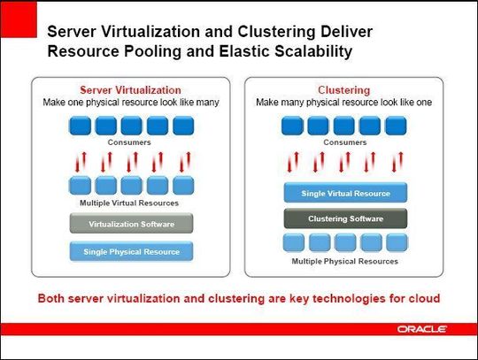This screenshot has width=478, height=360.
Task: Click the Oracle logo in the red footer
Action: point(421,329)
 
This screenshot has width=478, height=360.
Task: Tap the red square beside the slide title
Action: point(19,19)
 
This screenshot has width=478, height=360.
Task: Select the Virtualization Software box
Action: point(131,224)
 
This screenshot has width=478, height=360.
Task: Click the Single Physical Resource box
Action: point(131,251)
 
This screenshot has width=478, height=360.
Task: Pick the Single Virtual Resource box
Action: point(345,193)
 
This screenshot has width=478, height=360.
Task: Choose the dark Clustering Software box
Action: point(345,218)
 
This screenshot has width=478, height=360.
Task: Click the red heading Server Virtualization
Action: point(130,90)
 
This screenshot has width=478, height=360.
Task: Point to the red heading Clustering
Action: point(343,90)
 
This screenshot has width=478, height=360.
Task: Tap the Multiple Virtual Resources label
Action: point(129,203)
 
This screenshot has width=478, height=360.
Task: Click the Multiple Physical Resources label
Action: point(345,261)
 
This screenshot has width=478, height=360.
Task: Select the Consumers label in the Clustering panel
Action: point(345,142)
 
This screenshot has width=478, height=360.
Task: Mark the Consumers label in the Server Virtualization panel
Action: point(129,142)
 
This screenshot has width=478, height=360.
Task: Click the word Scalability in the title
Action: point(313,51)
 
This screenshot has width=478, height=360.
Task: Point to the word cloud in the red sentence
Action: point(424,298)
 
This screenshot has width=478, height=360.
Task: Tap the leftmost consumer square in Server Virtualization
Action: point(81,126)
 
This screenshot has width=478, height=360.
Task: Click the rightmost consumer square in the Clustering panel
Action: point(396,126)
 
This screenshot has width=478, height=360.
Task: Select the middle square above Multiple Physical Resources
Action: point(345,242)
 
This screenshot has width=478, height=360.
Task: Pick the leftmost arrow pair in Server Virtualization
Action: point(81,162)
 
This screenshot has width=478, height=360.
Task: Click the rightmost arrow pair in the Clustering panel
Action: point(397,162)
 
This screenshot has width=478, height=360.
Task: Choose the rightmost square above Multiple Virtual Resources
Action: point(183,185)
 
